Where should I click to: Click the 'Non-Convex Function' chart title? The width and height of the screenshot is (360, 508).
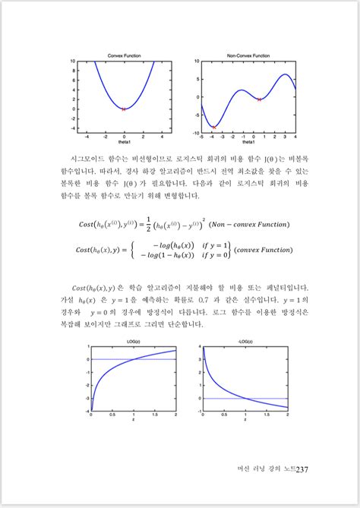[x=248, y=55]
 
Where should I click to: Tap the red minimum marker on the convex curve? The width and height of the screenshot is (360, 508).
[x=124, y=109]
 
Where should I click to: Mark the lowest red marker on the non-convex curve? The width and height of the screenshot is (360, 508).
[x=214, y=127]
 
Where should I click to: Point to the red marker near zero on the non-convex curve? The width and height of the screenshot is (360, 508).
[x=260, y=99]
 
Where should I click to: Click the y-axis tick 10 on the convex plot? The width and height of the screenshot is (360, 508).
[x=72, y=61]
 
